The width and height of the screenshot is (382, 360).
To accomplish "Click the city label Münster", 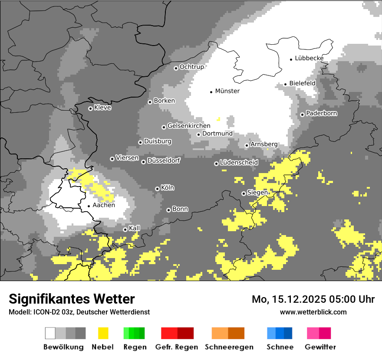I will pos(227,91).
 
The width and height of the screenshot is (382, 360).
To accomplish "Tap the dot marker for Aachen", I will pos(89,206).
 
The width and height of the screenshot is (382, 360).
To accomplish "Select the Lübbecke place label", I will pos(309,58).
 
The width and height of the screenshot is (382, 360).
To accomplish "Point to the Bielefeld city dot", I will pos(286,84).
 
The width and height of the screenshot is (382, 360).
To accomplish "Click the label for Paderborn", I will pos(321,113).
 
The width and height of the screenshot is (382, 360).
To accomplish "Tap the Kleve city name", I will pos(102,108).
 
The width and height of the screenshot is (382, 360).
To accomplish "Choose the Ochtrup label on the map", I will pos(191,67).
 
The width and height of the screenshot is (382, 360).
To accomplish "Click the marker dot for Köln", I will pos(157,189).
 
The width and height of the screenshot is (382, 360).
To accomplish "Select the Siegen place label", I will pos(257,193).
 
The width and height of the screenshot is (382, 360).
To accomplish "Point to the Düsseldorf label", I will pos(163,160).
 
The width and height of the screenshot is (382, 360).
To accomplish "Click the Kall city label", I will pos(135,228).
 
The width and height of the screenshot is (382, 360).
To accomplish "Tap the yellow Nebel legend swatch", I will pos(103,333).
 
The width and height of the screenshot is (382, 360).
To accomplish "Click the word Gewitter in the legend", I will pos(320,347).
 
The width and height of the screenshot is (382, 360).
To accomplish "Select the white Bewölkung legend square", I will pos(50,333).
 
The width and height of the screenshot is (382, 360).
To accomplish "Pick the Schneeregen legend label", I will pos(229,347).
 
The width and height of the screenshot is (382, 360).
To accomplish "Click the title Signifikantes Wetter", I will pos(72,299).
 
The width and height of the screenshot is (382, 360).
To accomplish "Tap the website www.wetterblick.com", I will pos(313,312).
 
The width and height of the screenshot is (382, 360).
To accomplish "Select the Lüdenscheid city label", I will pos(239,162).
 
